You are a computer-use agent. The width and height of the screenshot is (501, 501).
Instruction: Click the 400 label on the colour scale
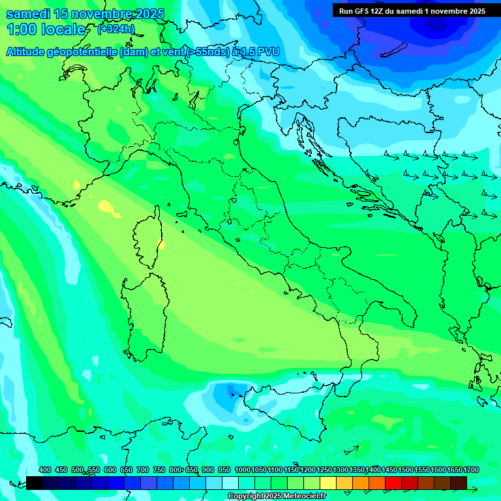coord(45,470)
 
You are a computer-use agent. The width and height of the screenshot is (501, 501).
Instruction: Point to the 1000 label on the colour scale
coord(242,470)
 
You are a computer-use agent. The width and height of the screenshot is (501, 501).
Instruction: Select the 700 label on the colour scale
coord(143,470)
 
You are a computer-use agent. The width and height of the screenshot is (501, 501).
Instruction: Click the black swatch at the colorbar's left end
coord(35,483)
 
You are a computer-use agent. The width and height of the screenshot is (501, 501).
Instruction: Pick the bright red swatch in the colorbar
coord(393,483)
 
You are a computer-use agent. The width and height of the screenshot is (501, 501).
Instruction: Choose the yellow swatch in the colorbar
coord(328,483)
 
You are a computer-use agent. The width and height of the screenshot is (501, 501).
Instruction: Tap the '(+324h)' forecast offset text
coord(115,29)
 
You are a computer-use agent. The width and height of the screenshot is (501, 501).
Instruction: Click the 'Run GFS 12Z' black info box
coord(412,10)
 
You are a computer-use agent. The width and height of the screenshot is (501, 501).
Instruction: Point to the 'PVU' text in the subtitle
coord(266,52)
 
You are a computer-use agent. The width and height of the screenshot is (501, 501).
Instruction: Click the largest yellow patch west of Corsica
coord(106,207)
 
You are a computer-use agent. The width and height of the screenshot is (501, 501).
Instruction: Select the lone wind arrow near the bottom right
coord(352,449)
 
